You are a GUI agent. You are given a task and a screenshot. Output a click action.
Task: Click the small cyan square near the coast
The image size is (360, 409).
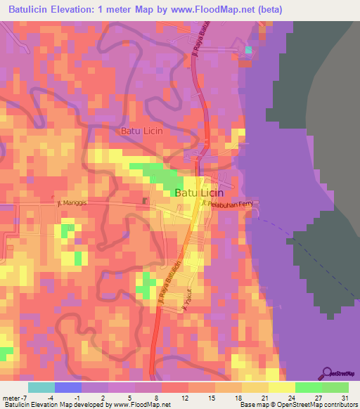[x=248, y=50]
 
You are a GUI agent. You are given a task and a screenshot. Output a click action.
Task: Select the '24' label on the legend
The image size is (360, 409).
[x=296, y=398]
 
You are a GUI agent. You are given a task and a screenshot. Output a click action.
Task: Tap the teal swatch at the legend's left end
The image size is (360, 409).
[x=41, y=387]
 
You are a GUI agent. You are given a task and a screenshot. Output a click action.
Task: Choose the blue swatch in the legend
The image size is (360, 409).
[x=68, y=387]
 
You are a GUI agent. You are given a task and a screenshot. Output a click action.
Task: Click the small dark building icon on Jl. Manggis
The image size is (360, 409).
[x=146, y=202]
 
